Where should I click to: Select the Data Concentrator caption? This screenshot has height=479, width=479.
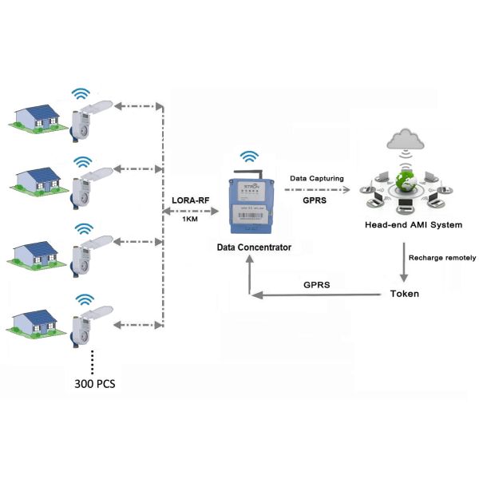pos(254,247)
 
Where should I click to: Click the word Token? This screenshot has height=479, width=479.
pos(404,294)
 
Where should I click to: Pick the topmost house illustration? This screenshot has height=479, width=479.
pos(38,114)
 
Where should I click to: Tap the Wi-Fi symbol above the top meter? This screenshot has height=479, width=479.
pos(80,94)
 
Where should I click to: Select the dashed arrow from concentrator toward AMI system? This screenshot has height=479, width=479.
pos(319,190)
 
